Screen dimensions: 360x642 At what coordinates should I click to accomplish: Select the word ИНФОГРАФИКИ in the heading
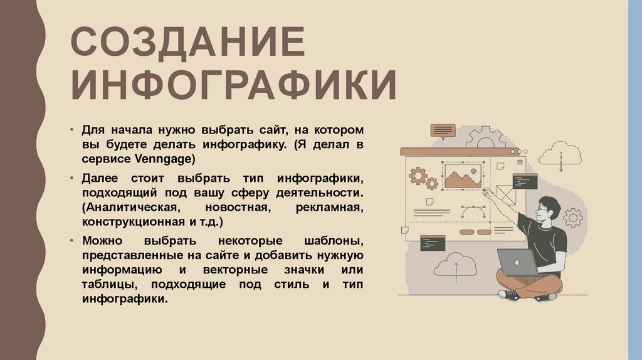(233, 85)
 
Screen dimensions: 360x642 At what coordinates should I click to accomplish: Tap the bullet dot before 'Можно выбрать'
(73, 241)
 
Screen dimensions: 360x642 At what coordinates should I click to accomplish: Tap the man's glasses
(542, 208)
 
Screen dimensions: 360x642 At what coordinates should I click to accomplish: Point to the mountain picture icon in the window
(463, 176)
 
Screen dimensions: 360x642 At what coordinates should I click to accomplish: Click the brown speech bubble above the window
(443, 130)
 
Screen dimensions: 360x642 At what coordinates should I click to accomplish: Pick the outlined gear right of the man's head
(572, 218)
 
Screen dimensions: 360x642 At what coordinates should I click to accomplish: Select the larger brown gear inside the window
(418, 176)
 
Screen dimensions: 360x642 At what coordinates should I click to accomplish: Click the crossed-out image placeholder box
(505, 194)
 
